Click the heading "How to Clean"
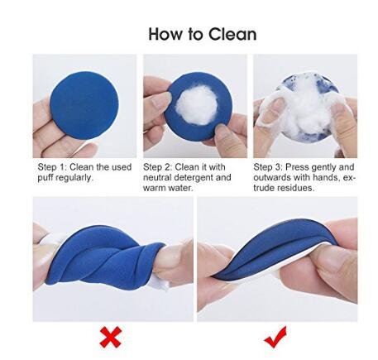click(203, 34)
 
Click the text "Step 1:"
click(52, 166)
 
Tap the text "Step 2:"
click(160, 166)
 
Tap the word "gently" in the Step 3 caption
click(325, 166)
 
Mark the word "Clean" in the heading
click(232, 34)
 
